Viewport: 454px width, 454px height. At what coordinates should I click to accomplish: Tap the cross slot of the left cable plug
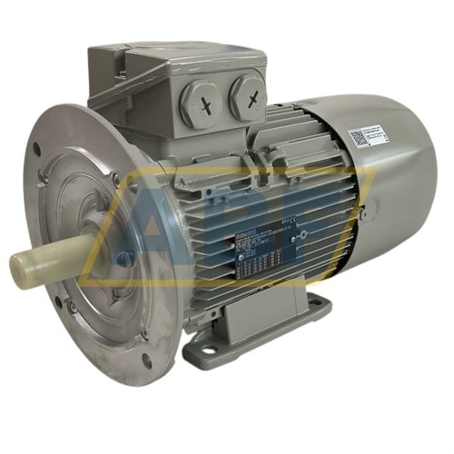[205, 100]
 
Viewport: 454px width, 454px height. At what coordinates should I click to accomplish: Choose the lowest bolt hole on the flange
[145, 360]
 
